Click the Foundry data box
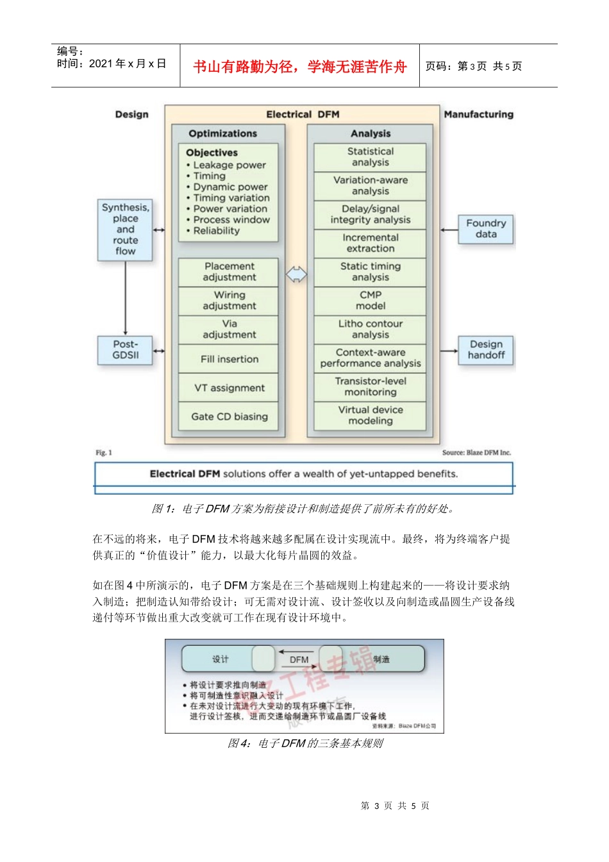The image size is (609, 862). click(x=486, y=229)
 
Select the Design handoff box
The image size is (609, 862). click(x=486, y=350)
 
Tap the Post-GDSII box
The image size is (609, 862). click(x=125, y=350)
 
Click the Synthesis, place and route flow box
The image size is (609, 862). click(x=125, y=230)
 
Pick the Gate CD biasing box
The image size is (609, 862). click(x=229, y=417)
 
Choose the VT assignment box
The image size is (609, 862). click(x=229, y=388)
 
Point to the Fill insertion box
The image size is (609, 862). click(x=229, y=359)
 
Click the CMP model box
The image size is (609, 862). click(x=370, y=301)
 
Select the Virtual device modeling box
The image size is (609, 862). click(x=370, y=416)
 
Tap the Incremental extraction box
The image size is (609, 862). click(x=370, y=243)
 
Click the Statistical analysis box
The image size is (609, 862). click(x=370, y=157)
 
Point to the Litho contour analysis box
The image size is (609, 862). click(x=370, y=330)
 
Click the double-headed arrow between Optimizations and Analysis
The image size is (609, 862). click(x=296, y=275)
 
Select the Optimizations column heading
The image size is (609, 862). click(x=222, y=133)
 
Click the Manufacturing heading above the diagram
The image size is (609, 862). click(x=478, y=115)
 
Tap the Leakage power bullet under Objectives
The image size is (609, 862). click(x=229, y=165)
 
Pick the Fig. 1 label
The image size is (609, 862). click(x=104, y=453)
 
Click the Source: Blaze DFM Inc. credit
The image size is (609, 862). click(x=476, y=453)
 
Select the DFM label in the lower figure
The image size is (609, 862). click(x=299, y=659)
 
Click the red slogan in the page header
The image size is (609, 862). click(x=299, y=67)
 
